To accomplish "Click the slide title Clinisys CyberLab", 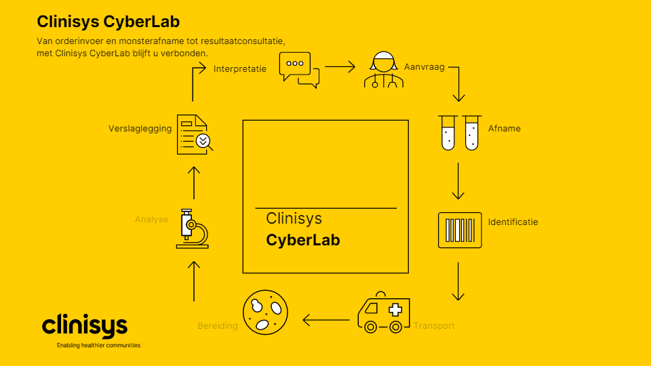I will click(x=108, y=22).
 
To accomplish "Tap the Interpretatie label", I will click(x=239, y=68).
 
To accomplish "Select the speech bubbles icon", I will click(x=299, y=70).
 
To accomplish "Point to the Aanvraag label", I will click(x=424, y=68).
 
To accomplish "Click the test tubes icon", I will click(x=459, y=131).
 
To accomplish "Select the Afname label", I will click(x=504, y=128).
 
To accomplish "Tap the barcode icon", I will click(x=459, y=230).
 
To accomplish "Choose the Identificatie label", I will click(x=513, y=222).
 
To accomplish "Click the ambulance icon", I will click(x=383, y=314).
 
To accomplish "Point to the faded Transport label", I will click(x=434, y=326).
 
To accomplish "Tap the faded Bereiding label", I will click(x=217, y=326).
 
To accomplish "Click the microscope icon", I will click(x=192, y=228).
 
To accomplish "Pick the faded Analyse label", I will click(x=151, y=220).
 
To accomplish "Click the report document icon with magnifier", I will click(x=194, y=134).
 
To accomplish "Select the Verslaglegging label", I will click(x=140, y=128).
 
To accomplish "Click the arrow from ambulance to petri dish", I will click(x=326, y=319).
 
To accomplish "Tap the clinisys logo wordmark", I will click(x=85, y=326).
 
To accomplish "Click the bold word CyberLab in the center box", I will click(x=303, y=240).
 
